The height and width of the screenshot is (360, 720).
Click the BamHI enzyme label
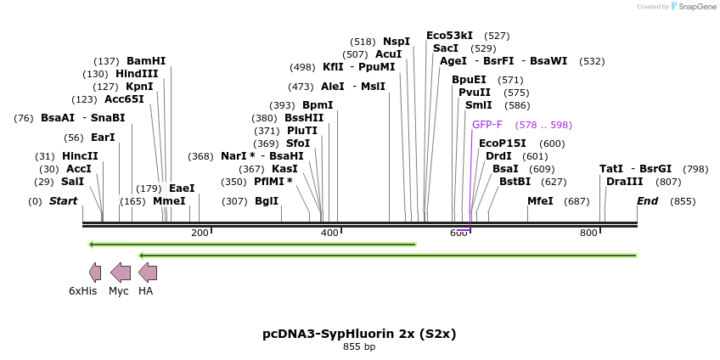(x=146, y=61)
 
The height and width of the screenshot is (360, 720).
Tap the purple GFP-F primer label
(x=487, y=125)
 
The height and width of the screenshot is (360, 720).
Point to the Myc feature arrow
(x=121, y=273)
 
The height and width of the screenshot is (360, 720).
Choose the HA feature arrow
(x=148, y=273)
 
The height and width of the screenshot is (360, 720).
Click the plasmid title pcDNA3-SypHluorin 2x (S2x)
(x=359, y=334)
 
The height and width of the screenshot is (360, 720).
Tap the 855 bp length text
(x=359, y=346)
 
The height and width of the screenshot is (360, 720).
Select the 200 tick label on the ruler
(x=200, y=233)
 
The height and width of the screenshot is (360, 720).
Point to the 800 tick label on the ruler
(x=588, y=233)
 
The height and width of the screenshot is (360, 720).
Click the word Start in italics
(x=63, y=201)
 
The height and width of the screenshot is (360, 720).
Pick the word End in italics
(x=647, y=201)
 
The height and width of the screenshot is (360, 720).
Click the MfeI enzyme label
(x=540, y=201)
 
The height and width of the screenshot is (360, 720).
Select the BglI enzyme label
(x=267, y=201)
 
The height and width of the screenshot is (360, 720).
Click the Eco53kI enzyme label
(x=449, y=36)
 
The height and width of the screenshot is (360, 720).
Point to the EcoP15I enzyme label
(x=503, y=143)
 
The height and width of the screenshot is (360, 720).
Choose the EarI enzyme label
(x=103, y=138)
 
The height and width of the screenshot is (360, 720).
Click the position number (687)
(x=577, y=201)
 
